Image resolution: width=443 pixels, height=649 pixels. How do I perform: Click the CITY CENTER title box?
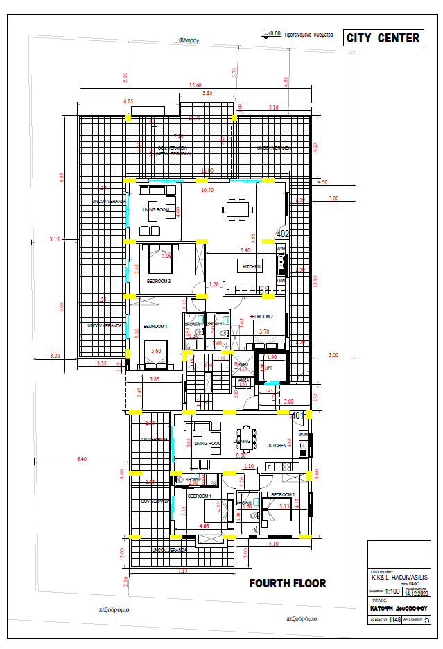(383, 38)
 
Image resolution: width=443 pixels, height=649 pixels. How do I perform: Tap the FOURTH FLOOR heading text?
(287, 583)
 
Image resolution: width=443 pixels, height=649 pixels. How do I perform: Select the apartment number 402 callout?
(282, 234)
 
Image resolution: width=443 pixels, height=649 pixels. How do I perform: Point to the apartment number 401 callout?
(298, 415)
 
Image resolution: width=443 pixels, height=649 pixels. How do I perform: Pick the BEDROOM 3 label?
(159, 281)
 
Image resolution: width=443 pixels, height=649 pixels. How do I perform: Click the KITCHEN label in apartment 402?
(250, 266)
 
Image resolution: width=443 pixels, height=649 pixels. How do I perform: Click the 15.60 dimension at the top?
(196, 85)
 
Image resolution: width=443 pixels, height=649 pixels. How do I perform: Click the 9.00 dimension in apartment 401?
(241, 456)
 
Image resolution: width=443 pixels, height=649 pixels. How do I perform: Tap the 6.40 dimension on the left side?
(82, 459)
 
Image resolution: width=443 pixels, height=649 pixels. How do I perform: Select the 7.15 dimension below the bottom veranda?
(182, 570)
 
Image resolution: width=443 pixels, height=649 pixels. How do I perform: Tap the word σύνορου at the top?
(189, 40)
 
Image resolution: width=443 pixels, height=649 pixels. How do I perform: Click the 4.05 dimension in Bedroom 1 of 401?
(205, 526)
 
